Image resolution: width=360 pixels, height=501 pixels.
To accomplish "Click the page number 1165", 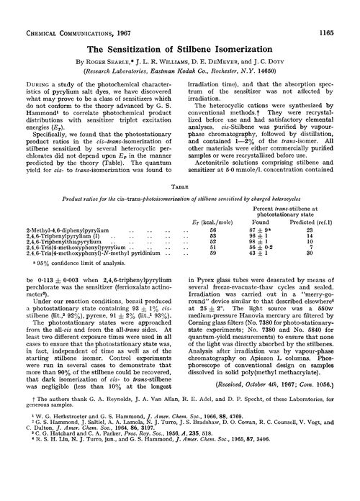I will [343, 9].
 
